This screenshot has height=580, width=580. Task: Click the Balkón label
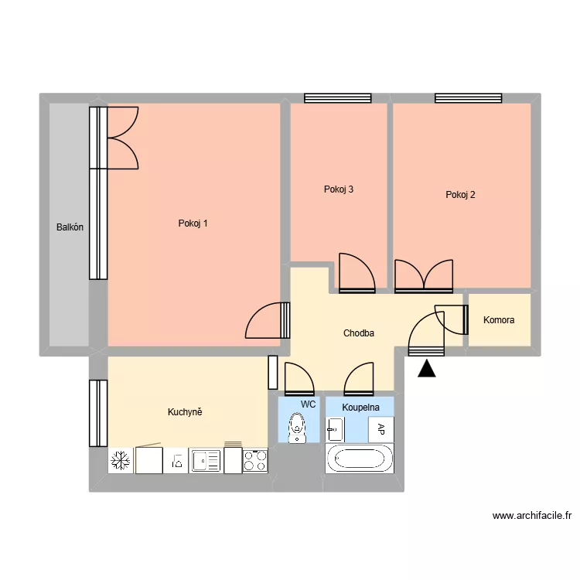click(x=70, y=227)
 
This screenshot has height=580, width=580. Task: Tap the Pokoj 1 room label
click(x=193, y=223)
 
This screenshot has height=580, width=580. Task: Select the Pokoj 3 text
click(x=339, y=189)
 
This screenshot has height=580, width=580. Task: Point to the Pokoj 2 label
click(x=460, y=195)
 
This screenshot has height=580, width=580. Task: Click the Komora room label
click(x=499, y=319)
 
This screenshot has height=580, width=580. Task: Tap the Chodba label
click(x=359, y=333)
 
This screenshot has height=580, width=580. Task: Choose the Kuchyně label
click(x=185, y=412)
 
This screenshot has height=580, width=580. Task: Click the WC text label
click(x=308, y=404)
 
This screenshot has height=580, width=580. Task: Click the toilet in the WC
click(x=296, y=429)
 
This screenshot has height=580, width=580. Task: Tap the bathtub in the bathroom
click(x=358, y=459)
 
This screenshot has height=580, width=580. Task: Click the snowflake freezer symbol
click(x=120, y=461)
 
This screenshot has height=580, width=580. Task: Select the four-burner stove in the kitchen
click(x=255, y=461)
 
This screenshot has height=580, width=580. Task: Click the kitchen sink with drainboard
click(x=206, y=461)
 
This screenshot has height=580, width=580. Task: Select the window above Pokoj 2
click(x=468, y=98)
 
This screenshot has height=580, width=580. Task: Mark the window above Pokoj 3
click(x=338, y=98)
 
